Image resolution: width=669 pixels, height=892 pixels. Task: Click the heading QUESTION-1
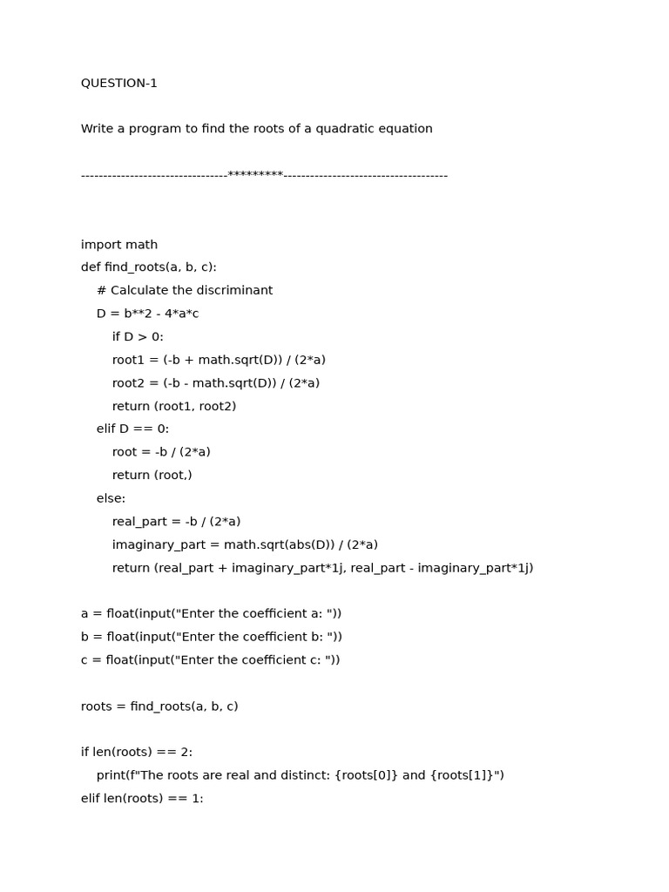tap(119, 84)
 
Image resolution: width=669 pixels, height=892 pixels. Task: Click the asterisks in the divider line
tap(255, 175)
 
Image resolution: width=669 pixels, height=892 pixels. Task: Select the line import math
tap(119, 245)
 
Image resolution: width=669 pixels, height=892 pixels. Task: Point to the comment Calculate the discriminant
tap(191, 291)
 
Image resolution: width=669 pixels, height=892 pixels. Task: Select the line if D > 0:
tap(138, 337)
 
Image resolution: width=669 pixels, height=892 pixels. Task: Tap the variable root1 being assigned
tap(129, 360)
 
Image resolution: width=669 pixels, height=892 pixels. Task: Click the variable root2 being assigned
tap(129, 383)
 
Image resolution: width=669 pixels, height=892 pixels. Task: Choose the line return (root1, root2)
tap(174, 406)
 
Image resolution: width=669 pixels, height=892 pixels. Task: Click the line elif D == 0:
tap(132, 429)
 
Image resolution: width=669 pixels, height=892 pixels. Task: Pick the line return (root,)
tap(152, 476)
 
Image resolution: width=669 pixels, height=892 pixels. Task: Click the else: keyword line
tap(111, 498)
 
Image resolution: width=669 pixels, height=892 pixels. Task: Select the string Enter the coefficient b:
tap(253, 637)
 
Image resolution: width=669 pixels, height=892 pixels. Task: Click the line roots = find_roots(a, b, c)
tap(159, 706)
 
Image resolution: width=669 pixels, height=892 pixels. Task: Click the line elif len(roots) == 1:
tap(142, 798)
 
